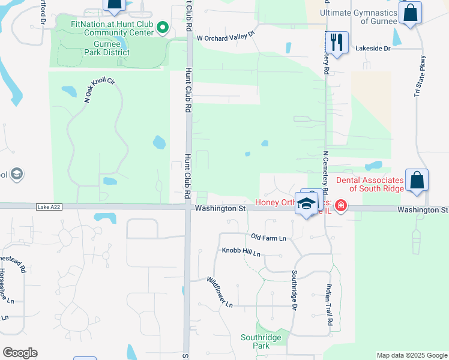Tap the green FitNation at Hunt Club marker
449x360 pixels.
162,28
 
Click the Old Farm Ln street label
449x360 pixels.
268,238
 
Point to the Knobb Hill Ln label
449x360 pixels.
241,252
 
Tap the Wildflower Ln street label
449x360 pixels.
220,292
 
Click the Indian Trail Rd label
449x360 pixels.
330,305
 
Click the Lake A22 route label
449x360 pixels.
49,206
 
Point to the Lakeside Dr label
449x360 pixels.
373,48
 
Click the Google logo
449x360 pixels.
20,353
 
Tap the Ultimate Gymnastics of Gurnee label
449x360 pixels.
358,17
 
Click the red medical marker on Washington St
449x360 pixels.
341,206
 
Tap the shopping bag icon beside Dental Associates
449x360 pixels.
417,181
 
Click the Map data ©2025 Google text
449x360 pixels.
412,355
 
